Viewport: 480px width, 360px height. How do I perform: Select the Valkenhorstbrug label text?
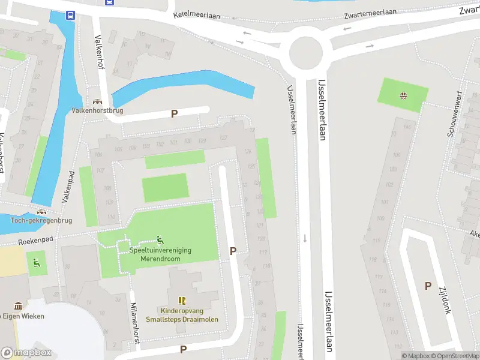(97, 110)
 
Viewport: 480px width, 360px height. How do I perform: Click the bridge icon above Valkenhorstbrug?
(97, 101)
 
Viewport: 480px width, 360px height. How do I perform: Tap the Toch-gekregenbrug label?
(41, 220)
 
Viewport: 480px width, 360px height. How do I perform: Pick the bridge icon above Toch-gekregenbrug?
(41, 211)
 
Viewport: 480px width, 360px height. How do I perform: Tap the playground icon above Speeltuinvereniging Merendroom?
(160, 239)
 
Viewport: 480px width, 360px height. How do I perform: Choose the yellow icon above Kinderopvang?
(182, 301)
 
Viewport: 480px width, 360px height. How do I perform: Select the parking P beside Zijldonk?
(428, 286)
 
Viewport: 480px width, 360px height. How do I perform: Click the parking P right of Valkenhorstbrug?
(175, 113)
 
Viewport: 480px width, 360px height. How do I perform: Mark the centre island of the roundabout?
(306, 52)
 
